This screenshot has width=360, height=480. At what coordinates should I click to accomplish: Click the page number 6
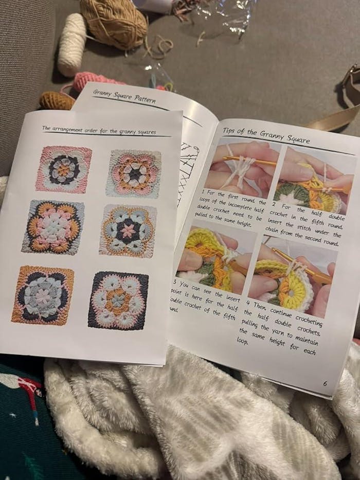[325, 383]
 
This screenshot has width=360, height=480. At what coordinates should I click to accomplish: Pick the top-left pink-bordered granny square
[64, 169]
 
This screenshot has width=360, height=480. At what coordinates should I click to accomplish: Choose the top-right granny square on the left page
[133, 173]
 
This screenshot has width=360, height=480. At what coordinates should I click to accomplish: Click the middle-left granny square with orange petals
[53, 226]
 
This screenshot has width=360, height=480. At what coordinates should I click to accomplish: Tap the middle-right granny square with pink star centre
[128, 230]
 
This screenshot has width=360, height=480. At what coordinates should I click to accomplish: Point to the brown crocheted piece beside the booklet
[57, 100]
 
